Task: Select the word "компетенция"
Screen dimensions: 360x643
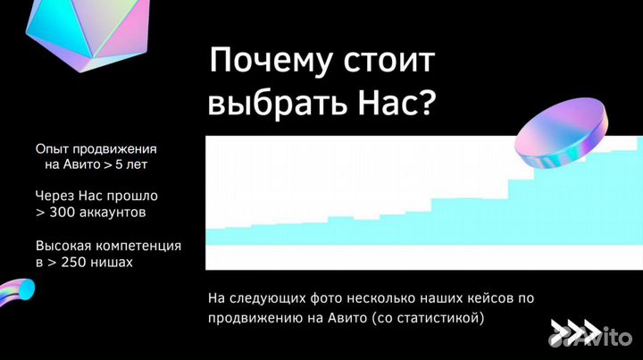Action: point(136,245)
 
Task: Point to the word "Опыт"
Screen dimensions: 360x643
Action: point(51,148)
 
